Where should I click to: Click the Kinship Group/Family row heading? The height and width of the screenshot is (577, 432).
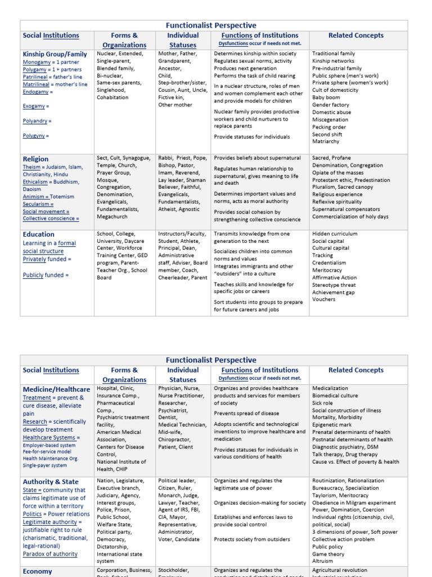click(55, 54)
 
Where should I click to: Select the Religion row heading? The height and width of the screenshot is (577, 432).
click(35, 159)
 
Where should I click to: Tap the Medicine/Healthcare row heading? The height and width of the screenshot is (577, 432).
click(56, 389)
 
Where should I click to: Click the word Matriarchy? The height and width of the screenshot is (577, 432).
click(326, 142)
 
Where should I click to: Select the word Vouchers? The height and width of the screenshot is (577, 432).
click(324, 299)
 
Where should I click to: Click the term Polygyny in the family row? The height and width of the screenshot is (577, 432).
click(35, 136)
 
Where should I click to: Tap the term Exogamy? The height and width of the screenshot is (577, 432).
click(34, 106)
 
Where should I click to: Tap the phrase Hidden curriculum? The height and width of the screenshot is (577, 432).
click(335, 233)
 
